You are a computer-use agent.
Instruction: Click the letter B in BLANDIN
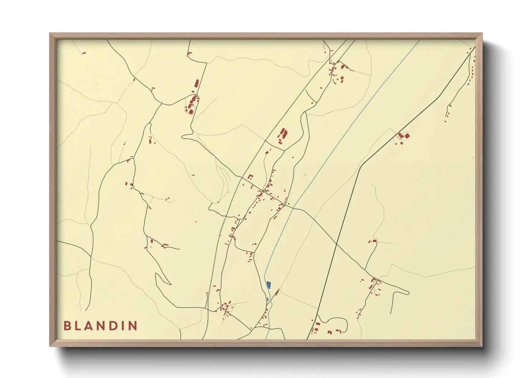pyautogui.click(x=67, y=326)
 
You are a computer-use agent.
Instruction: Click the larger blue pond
pyautogui.click(x=268, y=285)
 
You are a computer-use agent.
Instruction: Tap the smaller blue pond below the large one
pyautogui.click(x=267, y=299)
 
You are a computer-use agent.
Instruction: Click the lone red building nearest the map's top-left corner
pyautogui.click(x=84, y=53)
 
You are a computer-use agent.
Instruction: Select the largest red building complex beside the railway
pyautogui.click(x=283, y=135)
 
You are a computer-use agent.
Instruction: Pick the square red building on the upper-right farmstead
pyautogui.click(x=406, y=135)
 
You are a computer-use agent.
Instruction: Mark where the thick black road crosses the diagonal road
pyautogui.click(x=337, y=244)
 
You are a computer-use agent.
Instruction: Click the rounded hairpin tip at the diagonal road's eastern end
pyautogui.click(x=408, y=293)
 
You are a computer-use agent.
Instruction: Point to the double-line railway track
pyautogui.click(x=250, y=168)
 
